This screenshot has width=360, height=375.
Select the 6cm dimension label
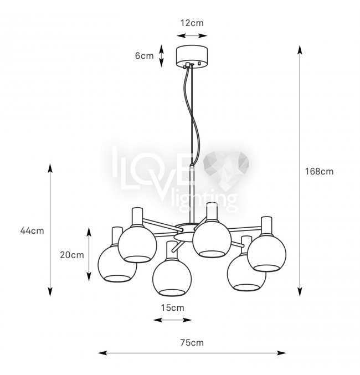[x=145, y=55]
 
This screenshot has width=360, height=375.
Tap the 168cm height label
[x=319, y=171]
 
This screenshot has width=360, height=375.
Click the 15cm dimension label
[x=172, y=307]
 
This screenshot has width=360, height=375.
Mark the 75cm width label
[x=192, y=342]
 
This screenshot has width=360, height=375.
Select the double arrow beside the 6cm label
[x=162, y=55]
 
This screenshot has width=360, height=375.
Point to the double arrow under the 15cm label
[x=172, y=320]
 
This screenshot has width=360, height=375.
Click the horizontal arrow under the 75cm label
[x=192, y=352]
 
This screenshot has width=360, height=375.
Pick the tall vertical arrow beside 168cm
[x=300, y=171]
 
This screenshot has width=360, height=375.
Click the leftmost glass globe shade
[x=117, y=263]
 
